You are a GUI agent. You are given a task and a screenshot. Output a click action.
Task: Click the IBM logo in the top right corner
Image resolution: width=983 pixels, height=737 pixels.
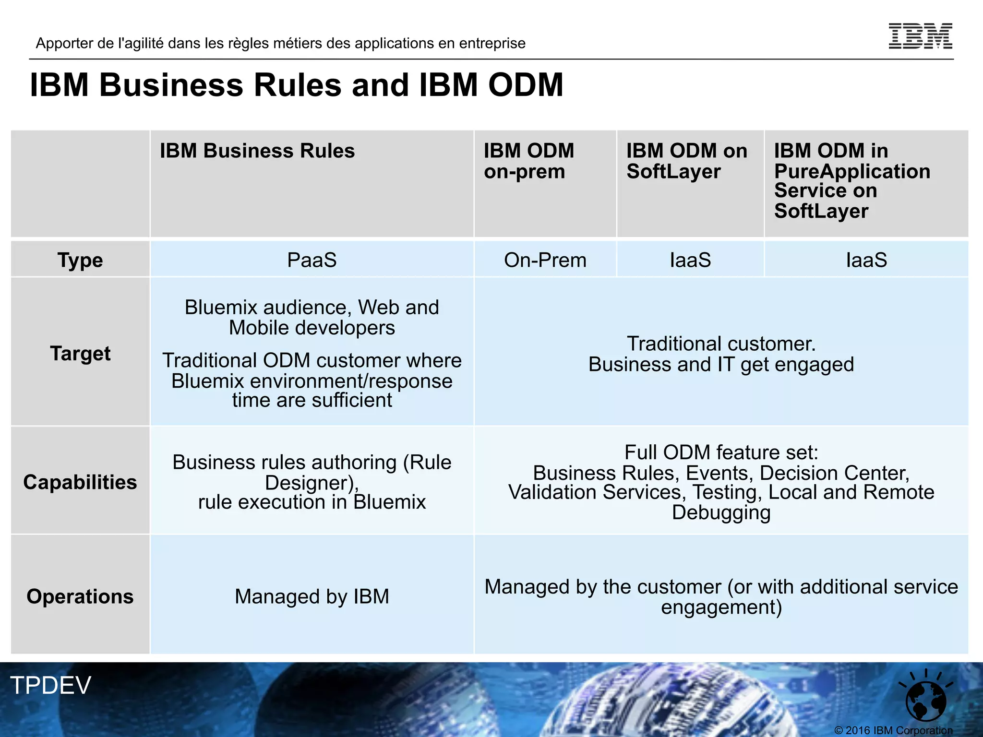tap(920, 36)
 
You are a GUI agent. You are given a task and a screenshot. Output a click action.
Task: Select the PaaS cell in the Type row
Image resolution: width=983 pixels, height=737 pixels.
tap(312, 260)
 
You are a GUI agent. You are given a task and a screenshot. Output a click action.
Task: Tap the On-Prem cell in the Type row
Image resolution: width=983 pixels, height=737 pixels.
tap(545, 260)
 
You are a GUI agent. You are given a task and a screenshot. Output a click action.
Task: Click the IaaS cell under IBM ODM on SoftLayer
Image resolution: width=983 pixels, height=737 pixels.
tap(690, 260)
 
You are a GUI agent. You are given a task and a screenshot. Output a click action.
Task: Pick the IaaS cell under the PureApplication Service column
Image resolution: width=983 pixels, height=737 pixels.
tap(866, 260)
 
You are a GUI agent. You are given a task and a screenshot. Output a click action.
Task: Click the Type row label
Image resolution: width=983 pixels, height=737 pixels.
tap(80, 260)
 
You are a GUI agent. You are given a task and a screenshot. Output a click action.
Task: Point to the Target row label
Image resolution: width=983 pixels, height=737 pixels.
tap(80, 353)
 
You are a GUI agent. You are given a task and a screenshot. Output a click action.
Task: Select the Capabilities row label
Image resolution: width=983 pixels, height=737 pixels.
tap(80, 482)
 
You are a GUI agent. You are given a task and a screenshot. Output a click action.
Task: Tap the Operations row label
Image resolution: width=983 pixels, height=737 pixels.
tap(80, 596)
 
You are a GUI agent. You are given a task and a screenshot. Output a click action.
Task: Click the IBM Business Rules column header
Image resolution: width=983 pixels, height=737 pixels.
tap(257, 151)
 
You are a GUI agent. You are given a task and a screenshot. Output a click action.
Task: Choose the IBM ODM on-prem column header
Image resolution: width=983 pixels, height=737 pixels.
tap(528, 161)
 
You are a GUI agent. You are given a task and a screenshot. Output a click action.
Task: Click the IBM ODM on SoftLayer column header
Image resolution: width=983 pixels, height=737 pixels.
tap(686, 161)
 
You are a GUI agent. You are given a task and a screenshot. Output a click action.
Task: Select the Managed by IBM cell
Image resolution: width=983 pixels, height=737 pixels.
tap(312, 596)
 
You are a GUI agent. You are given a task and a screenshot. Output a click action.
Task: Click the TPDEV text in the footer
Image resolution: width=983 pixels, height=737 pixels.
tap(50, 685)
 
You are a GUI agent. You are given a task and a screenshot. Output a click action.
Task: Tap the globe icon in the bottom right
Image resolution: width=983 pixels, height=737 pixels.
tap(925, 700)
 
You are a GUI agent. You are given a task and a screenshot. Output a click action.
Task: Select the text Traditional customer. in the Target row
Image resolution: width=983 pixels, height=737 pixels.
tap(721, 344)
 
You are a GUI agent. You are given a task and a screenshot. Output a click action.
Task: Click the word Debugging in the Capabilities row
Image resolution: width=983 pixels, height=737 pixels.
tap(721, 512)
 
